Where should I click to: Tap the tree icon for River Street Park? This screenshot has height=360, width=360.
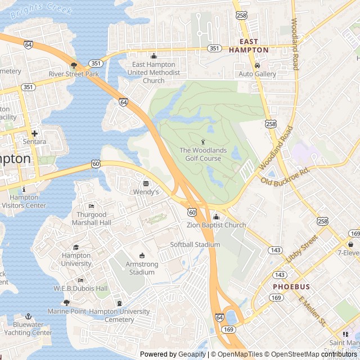coord(74,65)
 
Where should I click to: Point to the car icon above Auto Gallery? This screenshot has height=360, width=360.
coord(257,65)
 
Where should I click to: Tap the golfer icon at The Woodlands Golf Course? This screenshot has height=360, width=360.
coord(203,142)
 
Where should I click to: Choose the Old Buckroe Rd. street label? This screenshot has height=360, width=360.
coord(285,175)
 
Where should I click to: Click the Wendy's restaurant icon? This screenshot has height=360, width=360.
coord(146,183)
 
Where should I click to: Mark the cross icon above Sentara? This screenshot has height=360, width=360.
coord(35,133)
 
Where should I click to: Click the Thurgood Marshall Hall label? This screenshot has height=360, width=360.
coord(91,218)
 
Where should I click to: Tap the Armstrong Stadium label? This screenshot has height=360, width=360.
coord(141,268)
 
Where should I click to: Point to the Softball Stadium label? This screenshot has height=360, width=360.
coord(195,245)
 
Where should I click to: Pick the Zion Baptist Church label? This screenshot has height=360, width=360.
coord(216,225)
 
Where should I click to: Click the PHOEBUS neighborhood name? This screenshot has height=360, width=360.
coord(289,286)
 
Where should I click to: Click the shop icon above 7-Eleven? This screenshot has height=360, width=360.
coord(350,244)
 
